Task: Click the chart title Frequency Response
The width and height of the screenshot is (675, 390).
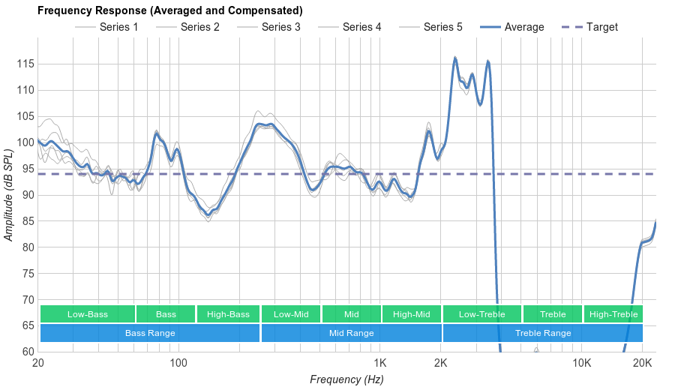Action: (x=169, y=10)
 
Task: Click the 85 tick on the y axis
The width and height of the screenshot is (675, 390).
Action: (x=26, y=221)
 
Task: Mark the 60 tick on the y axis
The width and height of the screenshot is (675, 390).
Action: (x=26, y=352)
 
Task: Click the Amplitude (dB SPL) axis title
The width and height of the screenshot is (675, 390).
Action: (x=9, y=195)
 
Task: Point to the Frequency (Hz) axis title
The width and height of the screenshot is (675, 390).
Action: (x=346, y=379)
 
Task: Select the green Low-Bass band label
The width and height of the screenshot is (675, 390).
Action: (x=88, y=314)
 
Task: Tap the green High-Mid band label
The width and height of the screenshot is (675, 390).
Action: (x=411, y=314)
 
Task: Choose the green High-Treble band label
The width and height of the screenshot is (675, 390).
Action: (x=613, y=314)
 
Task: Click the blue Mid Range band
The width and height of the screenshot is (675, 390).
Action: (x=351, y=333)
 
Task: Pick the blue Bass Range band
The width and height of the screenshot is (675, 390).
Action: (x=150, y=333)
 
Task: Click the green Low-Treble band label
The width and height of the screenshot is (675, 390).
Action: (x=481, y=314)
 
